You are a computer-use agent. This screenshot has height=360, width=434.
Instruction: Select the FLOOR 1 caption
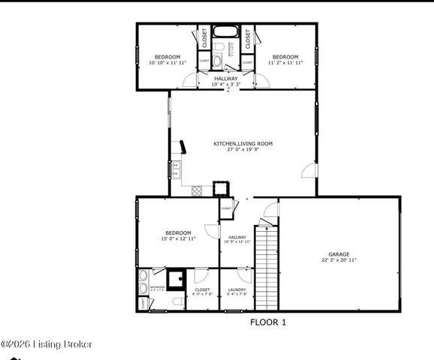coord(268,322)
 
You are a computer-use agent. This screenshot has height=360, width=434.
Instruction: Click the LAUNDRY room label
coord(237,289)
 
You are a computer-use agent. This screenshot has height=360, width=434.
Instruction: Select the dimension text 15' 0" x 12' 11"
coord(177,239)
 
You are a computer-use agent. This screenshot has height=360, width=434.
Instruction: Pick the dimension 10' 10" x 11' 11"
coord(167,63)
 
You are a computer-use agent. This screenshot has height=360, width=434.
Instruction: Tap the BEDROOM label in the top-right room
coord(285,57)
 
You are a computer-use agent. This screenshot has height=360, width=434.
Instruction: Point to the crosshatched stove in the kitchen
coord(197,190)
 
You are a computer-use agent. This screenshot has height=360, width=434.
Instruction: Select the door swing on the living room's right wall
coord(309,172)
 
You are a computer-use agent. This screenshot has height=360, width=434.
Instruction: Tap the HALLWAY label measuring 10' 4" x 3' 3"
coord(226,78)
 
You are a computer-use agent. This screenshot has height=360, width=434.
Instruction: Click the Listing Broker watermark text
coord(47,344)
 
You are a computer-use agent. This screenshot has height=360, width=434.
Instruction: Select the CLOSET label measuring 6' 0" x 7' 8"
coord(202,289)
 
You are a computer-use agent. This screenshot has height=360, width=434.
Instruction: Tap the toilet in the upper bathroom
coord(217,61)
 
